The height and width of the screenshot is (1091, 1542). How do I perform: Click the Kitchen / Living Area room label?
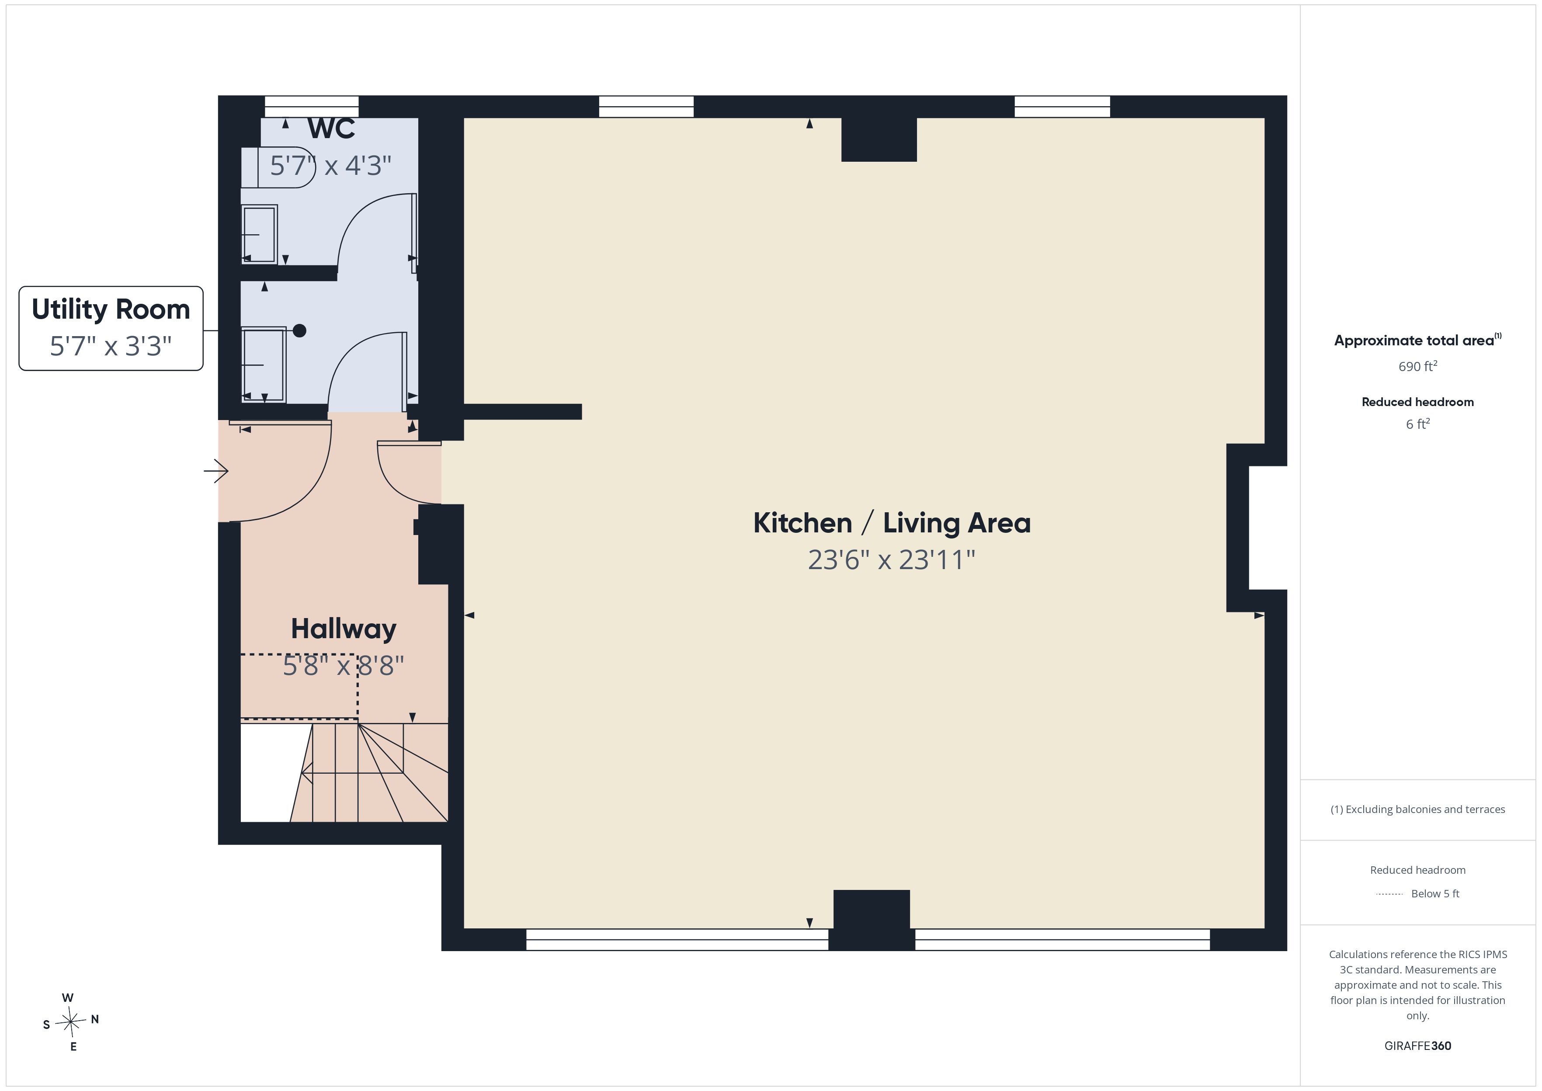click(892, 523)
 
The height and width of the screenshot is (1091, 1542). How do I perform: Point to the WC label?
click(331, 129)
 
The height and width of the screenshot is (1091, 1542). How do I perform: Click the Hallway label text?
click(344, 629)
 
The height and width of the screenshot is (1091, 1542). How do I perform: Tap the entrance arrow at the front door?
click(216, 471)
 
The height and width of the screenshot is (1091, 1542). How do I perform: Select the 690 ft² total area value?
click(1418, 366)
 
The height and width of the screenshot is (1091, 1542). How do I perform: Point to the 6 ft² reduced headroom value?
click(1418, 424)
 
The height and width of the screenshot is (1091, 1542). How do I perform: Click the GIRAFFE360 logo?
click(1418, 1046)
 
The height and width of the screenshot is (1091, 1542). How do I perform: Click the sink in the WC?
click(259, 234)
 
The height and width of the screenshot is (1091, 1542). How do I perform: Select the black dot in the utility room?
click(299, 330)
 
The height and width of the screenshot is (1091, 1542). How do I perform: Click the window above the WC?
click(312, 107)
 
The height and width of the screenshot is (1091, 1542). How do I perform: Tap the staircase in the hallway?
click(369, 772)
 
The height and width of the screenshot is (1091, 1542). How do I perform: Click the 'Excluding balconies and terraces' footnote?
click(1418, 810)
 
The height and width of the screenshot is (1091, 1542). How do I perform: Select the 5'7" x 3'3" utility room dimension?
click(111, 346)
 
